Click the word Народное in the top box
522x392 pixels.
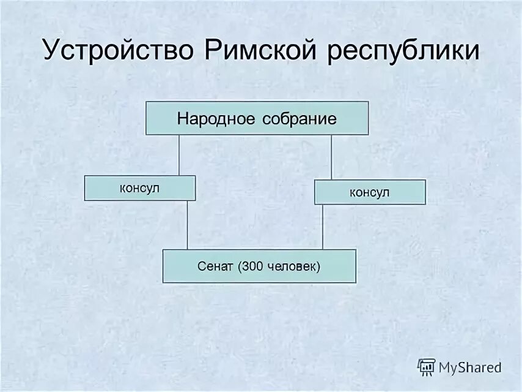[216, 119]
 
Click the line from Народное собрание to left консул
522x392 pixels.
[178, 155]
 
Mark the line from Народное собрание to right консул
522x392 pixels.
[331, 157]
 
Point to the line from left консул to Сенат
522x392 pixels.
[188, 225]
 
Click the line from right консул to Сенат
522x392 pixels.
[323, 227]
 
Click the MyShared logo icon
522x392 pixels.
[426, 367]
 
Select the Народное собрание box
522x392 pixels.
[257, 118]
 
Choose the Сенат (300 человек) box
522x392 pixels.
[259, 266]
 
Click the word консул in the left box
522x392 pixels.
[139, 188]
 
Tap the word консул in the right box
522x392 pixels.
[369, 192]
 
